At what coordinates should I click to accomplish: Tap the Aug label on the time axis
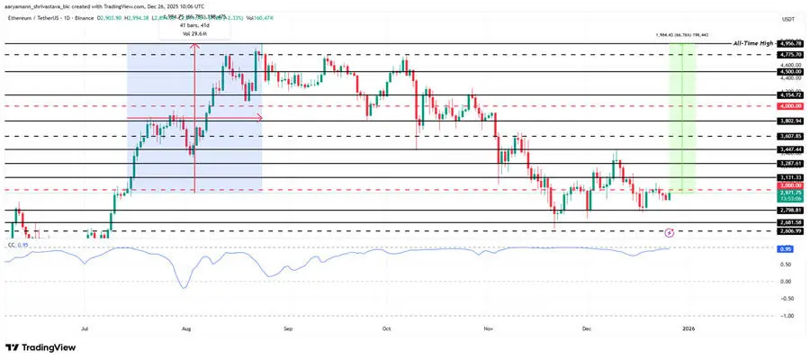point(185,330)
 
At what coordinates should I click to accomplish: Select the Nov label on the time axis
point(486,330)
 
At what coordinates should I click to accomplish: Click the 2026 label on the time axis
point(687,330)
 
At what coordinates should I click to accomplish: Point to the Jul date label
point(85,330)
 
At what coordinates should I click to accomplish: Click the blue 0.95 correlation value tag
point(786,247)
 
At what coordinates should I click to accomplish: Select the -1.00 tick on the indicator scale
point(786,316)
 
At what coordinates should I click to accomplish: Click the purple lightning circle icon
point(669,231)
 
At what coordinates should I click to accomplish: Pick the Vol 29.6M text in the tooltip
point(194,34)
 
